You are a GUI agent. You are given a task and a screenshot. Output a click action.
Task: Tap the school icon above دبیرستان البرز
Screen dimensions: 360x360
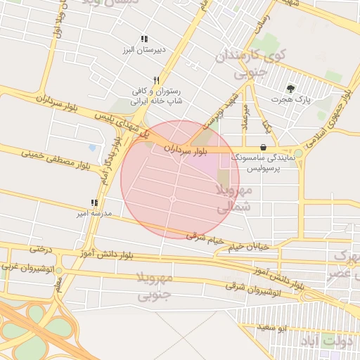(143, 39)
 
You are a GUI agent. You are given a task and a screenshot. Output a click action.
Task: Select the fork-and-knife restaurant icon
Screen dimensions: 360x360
(157, 80)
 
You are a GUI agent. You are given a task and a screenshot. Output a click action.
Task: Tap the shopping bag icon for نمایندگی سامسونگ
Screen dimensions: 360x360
(263, 148)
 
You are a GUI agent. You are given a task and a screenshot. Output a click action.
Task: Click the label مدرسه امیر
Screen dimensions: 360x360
(93, 213)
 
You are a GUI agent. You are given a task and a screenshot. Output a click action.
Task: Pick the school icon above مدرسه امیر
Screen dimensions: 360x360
(94, 203)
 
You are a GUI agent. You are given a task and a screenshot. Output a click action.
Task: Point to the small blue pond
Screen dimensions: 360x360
(93, 148)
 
